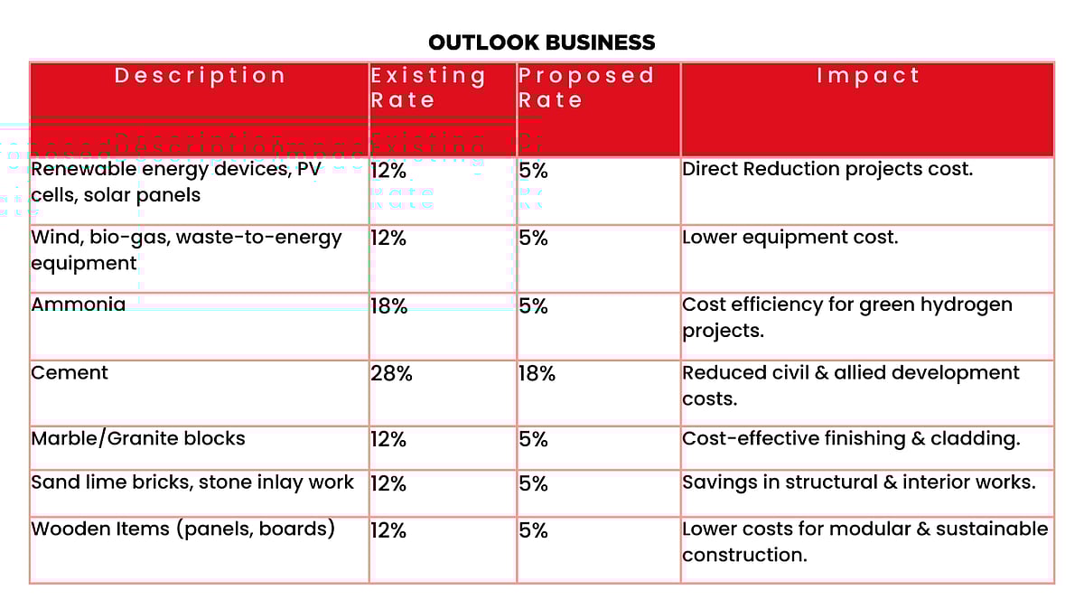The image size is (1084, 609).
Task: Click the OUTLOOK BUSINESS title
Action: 541,42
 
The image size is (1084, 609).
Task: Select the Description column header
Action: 200,76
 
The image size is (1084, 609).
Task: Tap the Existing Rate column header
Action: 428,88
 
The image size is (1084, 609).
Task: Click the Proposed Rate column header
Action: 585,88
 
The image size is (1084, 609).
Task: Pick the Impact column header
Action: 867,76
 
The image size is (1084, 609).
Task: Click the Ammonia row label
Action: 79,304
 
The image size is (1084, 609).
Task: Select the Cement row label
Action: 70,372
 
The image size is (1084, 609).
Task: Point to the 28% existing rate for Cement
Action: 391,373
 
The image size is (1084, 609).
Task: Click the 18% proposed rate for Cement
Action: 537,373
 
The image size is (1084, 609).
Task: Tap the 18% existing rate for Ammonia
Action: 388,306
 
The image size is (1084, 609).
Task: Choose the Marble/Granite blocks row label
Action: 138,439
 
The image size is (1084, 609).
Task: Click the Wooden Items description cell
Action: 182,529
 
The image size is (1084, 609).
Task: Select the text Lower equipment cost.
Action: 790,238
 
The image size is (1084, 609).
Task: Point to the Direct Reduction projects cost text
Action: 827,169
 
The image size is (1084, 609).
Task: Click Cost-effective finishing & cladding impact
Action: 851,439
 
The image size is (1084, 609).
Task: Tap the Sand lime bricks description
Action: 192,483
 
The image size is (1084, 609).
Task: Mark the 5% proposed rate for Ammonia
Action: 533,306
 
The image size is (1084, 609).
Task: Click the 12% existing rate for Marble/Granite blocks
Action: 388,440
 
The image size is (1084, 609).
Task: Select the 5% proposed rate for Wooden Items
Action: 533,530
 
